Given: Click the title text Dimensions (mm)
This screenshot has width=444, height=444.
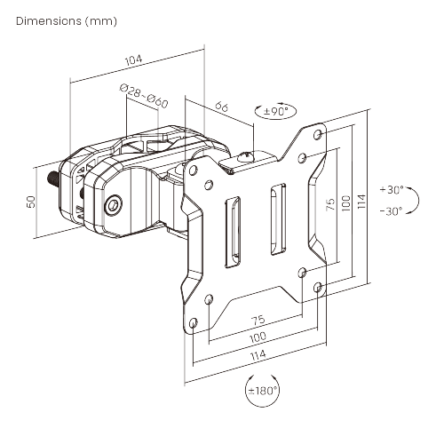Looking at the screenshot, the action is [x=67, y=21].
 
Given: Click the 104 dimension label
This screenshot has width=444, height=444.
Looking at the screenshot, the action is [x=133, y=60].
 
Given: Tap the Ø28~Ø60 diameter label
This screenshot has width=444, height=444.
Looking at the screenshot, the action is [x=144, y=96].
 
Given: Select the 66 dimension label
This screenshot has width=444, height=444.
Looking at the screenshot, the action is [x=222, y=106].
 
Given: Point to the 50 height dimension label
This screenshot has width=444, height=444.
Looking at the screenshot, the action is [x=31, y=202].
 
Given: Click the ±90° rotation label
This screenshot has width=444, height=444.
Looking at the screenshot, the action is [x=275, y=112].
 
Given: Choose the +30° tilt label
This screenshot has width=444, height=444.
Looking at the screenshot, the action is [x=392, y=189].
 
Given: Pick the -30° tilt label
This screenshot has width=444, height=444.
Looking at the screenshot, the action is [x=391, y=211].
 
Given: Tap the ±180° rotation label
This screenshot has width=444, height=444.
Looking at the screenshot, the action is [x=263, y=391].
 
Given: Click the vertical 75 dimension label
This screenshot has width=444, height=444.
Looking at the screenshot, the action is [x=330, y=204].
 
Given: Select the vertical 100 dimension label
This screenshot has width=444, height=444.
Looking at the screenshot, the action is [x=345, y=203].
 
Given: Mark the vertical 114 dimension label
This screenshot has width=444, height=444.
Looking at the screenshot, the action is [x=361, y=202].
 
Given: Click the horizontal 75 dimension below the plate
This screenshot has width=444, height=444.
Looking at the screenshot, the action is [x=258, y=321].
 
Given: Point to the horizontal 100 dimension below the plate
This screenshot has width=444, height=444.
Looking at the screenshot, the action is [x=258, y=337].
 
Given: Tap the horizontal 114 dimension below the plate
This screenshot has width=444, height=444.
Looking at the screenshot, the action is [x=258, y=355].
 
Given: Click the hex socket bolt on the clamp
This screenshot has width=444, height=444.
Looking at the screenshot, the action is [x=113, y=204].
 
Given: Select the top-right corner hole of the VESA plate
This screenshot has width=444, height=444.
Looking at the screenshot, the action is [x=318, y=135].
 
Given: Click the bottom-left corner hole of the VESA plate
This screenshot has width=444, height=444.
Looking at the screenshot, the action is [x=193, y=322].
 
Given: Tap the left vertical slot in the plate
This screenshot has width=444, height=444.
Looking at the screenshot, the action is [x=233, y=232].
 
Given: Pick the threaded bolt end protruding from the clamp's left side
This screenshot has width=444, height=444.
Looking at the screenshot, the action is [x=53, y=179].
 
